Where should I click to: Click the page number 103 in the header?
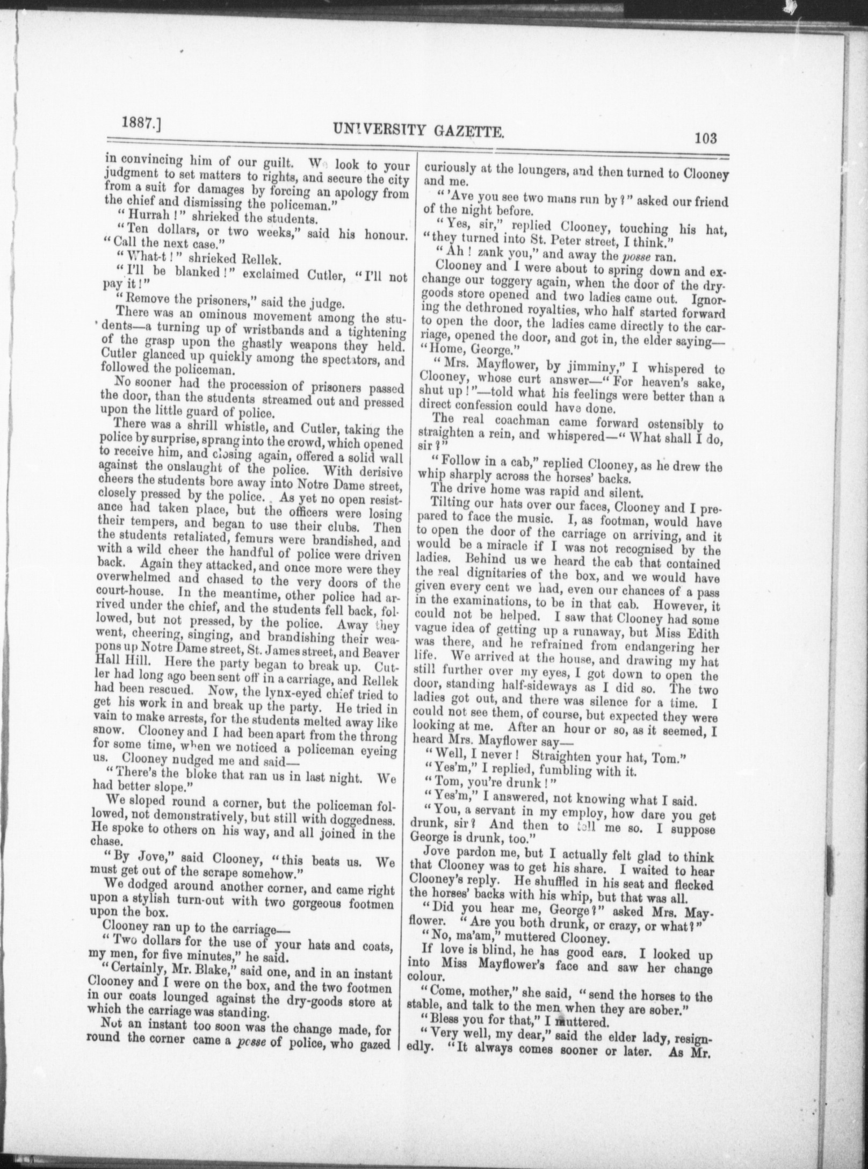click(x=705, y=138)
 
